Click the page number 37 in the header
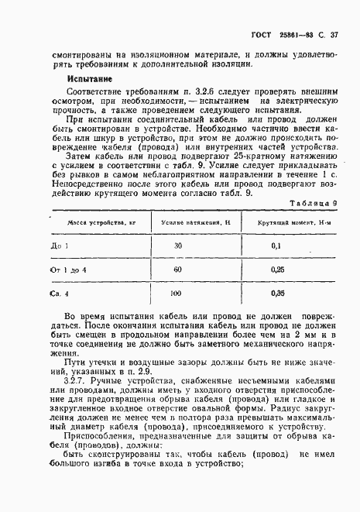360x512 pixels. [x=334, y=35]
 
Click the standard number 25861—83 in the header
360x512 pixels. [x=294, y=35]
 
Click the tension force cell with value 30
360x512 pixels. [x=178, y=246]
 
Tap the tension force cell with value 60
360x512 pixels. [x=178, y=270]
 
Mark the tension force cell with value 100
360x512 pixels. [x=176, y=295]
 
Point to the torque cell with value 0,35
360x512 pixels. [x=275, y=295]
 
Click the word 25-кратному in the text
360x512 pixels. [x=240, y=153]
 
